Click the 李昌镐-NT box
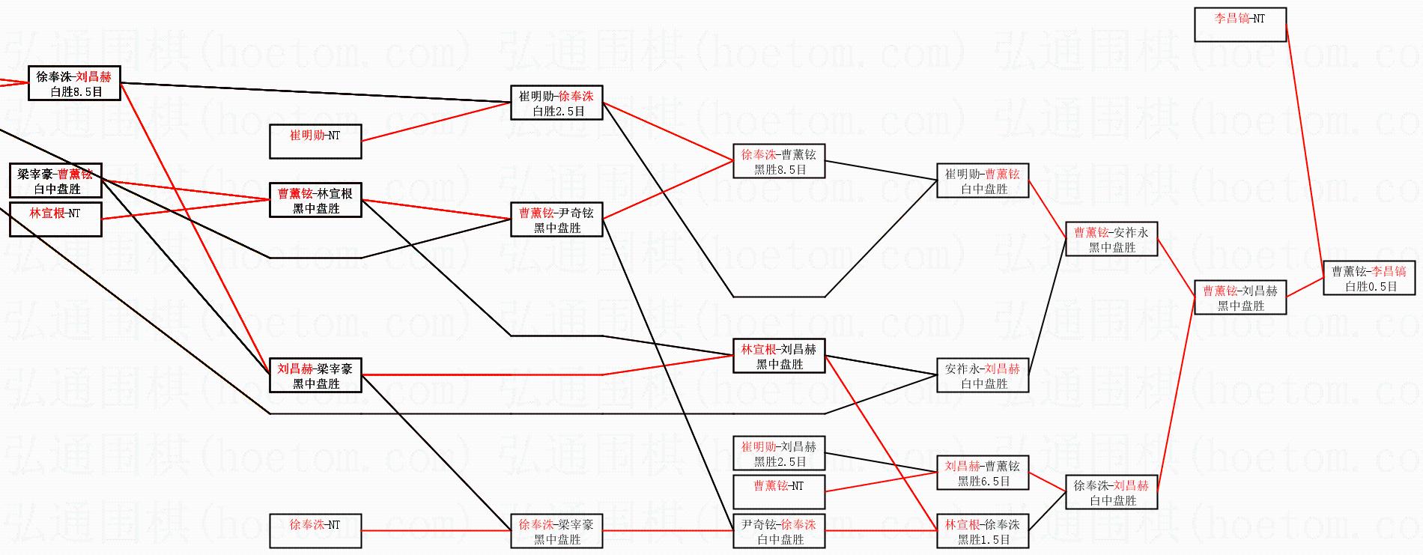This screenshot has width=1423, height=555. point(1240,25)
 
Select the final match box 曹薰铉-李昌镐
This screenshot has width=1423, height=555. point(1369,278)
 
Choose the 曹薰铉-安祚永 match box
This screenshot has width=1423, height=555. point(1111,239)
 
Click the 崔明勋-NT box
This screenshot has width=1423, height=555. point(315,142)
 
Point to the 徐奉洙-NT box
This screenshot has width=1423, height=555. point(315,531)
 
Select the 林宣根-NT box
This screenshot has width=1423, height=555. point(55,219)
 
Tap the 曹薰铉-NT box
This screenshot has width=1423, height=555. point(779,492)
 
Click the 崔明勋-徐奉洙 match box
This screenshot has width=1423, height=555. point(556,103)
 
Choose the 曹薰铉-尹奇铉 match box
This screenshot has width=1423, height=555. point(556,219)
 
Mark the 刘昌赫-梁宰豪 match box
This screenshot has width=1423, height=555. point(315,375)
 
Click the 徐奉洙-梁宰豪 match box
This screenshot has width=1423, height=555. point(556,531)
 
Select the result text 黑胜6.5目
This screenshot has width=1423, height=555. point(983,482)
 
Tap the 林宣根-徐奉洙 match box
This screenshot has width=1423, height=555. point(983,531)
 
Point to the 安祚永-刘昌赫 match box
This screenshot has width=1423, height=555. point(983,375)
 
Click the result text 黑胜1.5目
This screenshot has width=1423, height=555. point(983,540)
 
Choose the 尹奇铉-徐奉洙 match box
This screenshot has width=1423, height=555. point(779,531)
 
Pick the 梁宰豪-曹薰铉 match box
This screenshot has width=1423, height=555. point(55,181)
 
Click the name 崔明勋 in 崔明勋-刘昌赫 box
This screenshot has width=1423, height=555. point(759,446)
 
